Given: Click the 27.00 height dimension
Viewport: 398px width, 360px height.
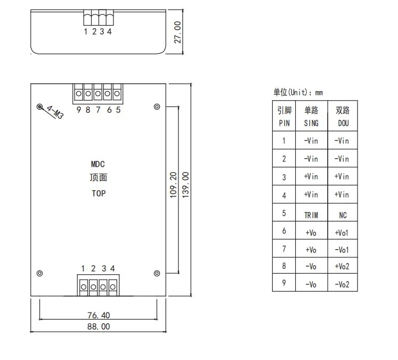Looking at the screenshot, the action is pyautogui.click(x=177, y=32).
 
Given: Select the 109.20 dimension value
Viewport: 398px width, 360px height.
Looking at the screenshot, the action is pyautogui.click(x=173, y=185).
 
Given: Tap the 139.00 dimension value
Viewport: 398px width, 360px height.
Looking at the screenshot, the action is pyautogui.click(x=185, y=185).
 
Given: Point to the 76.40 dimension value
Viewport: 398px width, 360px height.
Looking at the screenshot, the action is pyautogui.click(x=99, y=315).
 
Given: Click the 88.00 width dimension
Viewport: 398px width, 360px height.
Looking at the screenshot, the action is pyautogui.click(x=99, y=326).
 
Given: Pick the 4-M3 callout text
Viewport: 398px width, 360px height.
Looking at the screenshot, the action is pyautogui.click(x=55, y=112).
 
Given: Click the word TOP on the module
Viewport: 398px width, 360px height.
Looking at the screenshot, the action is pyautogui.click(x=99, y=193).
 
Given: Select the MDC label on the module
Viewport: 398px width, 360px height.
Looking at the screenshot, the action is pyautogui.click(x=98, y=164).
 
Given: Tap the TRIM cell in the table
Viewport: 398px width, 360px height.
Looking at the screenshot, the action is pyautogui.click(x=311, y=215).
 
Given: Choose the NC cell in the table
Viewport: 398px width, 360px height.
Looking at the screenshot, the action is pyautogui.click(x=343, y=215).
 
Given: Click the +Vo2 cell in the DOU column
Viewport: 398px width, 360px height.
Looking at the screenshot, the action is pyautogui.click(x=342, y=266).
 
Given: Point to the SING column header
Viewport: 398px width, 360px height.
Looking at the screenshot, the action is pyautogui.click(x=311, y=124).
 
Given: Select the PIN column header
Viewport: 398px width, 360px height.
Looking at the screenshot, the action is pyautogui.click(x=284, y=124).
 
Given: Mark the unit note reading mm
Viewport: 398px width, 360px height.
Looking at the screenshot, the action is pyautogui.click(x=319, y=93).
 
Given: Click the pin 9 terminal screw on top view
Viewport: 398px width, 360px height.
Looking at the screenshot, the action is pyautogui.click(x=79, y=94).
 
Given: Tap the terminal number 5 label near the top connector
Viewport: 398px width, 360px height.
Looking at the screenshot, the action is pyautogui.click(x=118, y=110).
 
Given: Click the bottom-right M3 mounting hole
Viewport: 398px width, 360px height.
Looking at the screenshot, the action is pyautogui.click(x=157, y=273).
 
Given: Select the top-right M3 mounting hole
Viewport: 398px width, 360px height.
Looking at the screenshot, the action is pyautogui.click(x=157, y=107).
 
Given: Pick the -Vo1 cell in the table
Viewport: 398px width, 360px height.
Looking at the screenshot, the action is pyautogui.click(x=342, y=250).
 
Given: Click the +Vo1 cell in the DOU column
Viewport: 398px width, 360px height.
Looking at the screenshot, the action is pyautogui.click(x=342, y=233).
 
